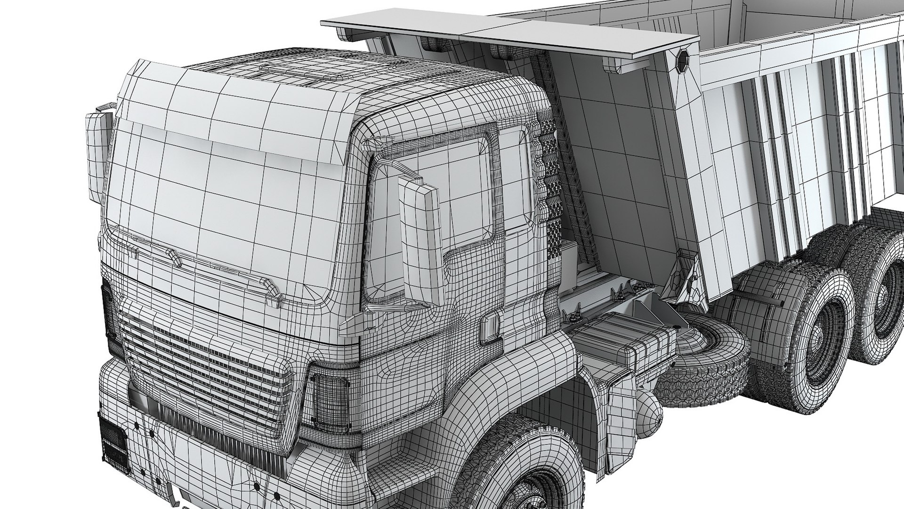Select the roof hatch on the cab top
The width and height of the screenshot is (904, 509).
tap(301, 71)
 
